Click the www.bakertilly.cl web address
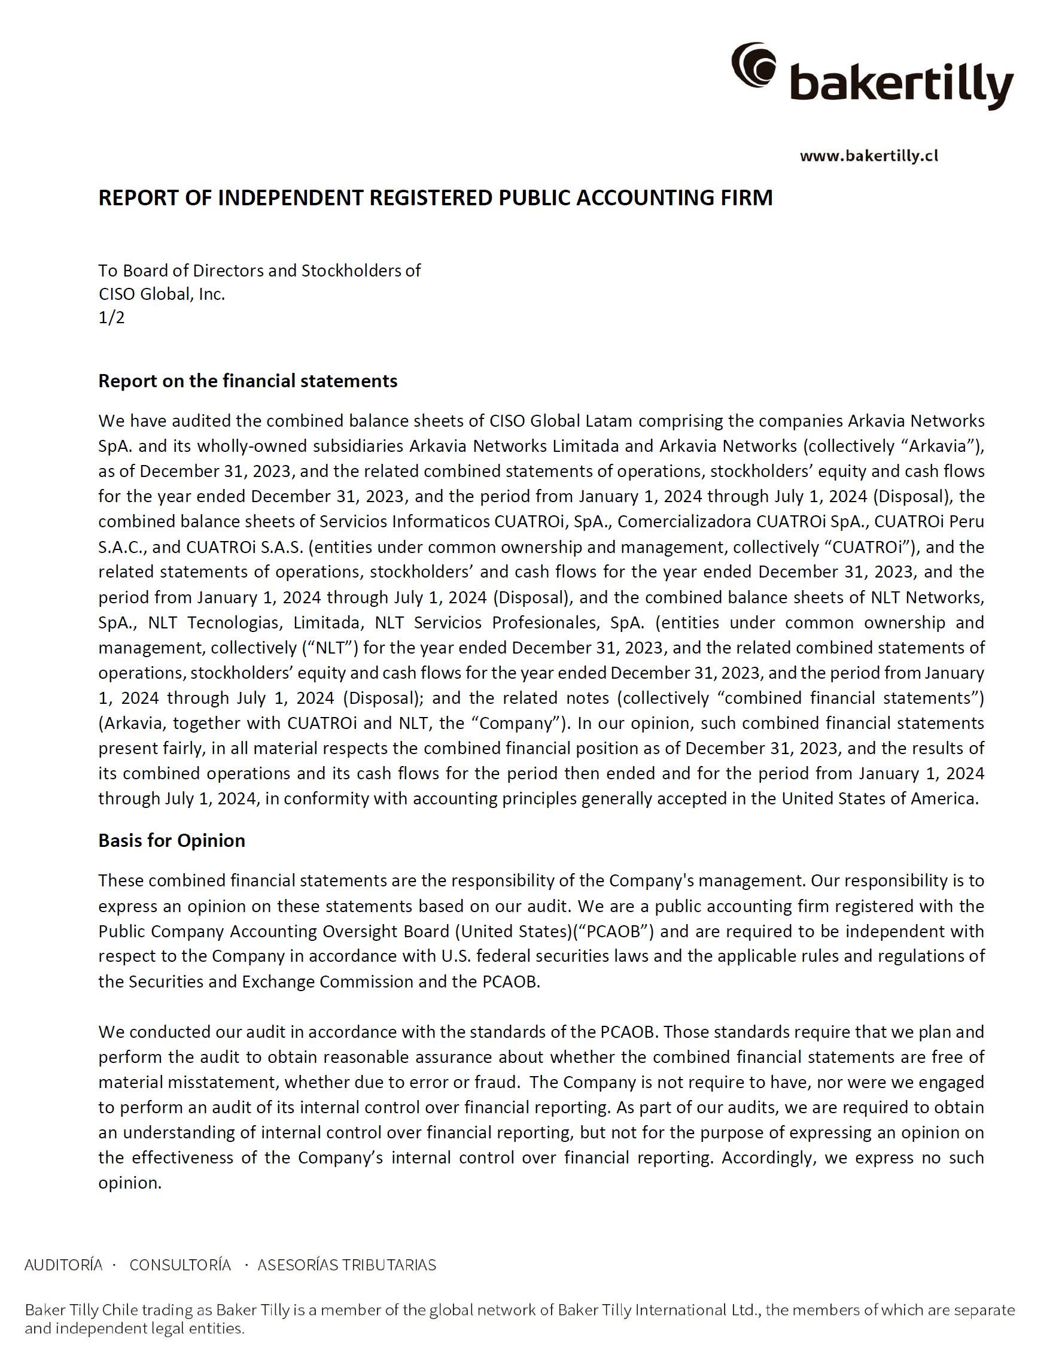(x=869, y=156)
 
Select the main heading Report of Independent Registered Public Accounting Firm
(x=435, y=197)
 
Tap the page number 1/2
(x=111, y=318)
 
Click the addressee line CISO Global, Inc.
(x=162, y=294)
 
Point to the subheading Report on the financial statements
(x=248, y=381)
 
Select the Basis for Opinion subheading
(x=172, y=841)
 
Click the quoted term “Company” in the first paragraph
(x=537, y=723)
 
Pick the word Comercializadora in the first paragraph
(x=684, y=521)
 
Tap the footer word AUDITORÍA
(x=63, y=1265)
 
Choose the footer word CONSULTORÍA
(x=180, y=1265)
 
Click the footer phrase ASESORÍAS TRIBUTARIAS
(x=347, y=1265)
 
